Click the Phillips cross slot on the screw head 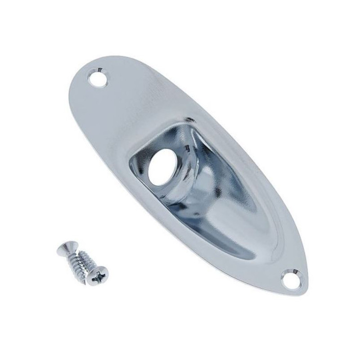click(x=98, y=279)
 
